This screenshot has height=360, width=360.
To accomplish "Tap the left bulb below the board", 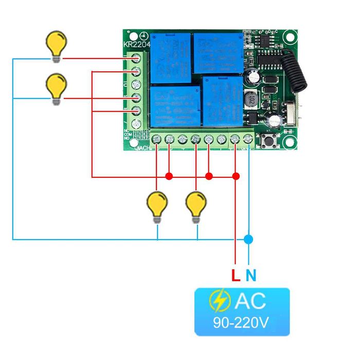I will (157, 204).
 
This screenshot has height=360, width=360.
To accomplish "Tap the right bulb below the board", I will (196, 204).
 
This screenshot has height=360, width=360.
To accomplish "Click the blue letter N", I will (250, 275).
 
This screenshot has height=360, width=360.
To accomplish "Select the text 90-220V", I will (241, 323).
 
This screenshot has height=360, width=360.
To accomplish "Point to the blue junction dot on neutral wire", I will (248, 239).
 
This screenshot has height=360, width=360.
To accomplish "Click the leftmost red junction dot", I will (169, 177).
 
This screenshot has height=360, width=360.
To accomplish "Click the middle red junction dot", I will (209, 177).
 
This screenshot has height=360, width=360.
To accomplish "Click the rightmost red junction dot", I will (236, 177).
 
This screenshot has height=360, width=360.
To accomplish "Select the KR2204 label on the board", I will (136, 44).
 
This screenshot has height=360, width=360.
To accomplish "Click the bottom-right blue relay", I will (222, 100).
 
